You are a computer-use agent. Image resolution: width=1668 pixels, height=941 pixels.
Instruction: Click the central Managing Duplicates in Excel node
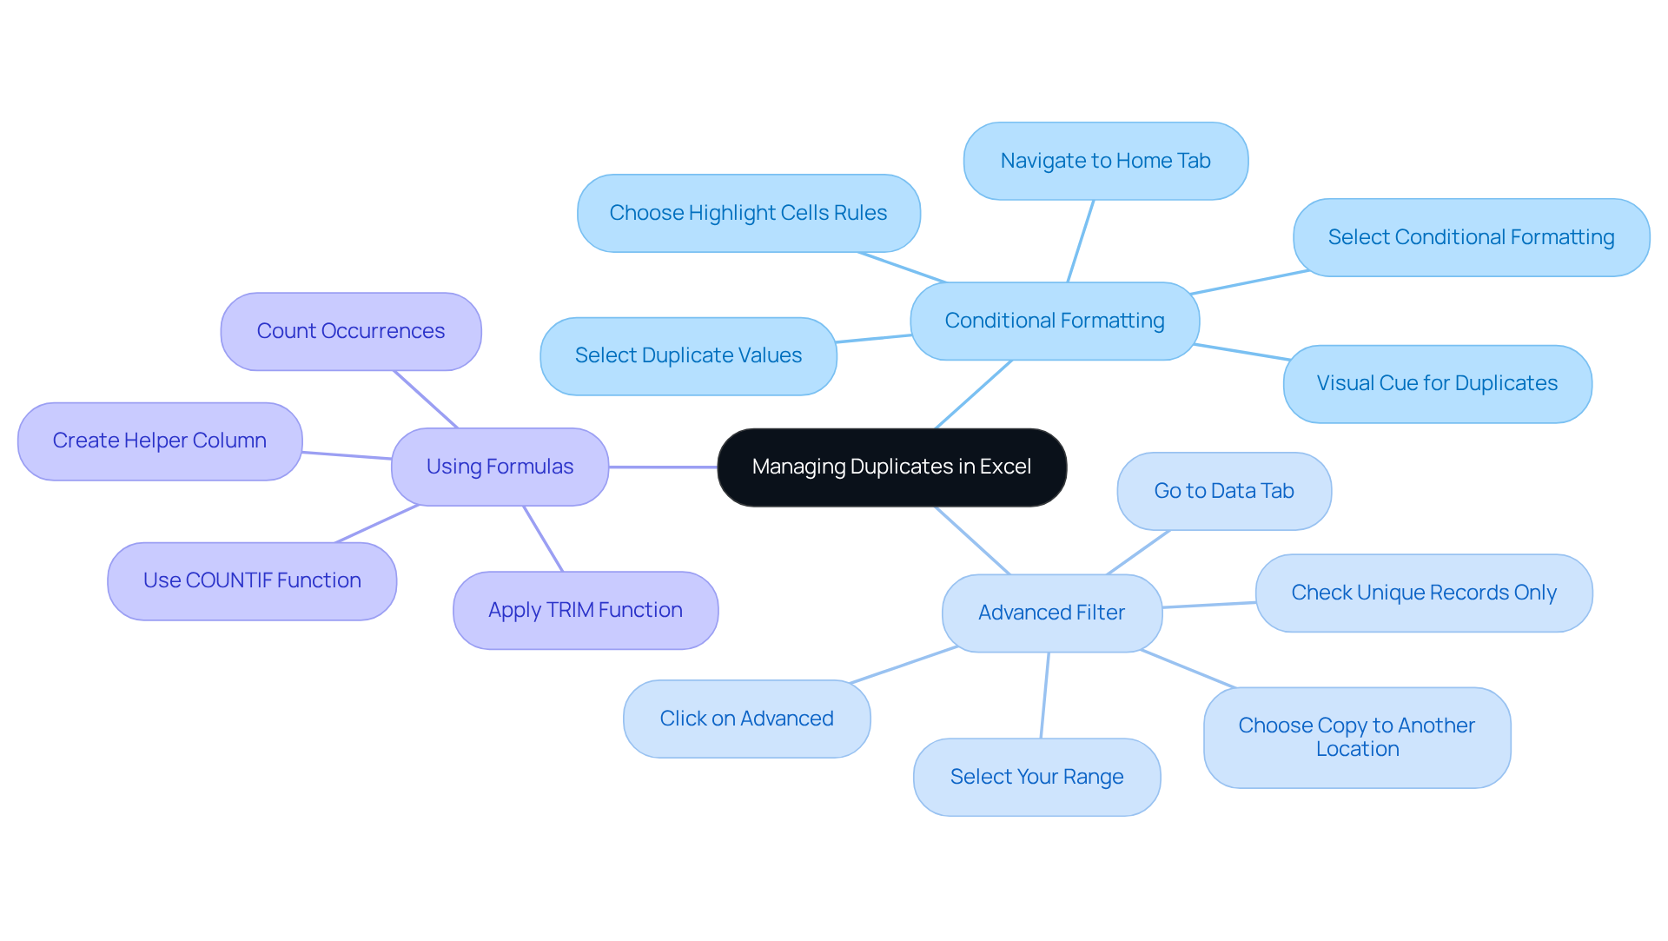[x=891, y=467]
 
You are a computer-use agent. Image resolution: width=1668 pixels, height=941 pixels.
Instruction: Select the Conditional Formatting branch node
[x=1054, y=321]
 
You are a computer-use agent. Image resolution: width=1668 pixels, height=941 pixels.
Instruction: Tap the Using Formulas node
[x=500, y=467]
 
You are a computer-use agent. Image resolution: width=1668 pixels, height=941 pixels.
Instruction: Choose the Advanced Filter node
[x=1051, y=613]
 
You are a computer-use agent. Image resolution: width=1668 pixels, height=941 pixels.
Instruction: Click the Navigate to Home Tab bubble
[x=1105, y=161]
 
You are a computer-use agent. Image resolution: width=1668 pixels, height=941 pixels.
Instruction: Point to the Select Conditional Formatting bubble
[x=1470, y=237]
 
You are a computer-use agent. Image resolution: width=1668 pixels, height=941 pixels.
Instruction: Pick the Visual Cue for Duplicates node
[x=1436, y=383]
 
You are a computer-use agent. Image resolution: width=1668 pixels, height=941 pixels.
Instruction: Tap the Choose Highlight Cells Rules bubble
[x=748, y=213]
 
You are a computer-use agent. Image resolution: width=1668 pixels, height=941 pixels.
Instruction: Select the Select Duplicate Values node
[x=688, y=355]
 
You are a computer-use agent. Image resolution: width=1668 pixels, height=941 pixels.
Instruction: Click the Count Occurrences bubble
[x=350, y=331]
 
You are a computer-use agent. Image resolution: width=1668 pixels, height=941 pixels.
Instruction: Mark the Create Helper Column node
[x=160, y=441]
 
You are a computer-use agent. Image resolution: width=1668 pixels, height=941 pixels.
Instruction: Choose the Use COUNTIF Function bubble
[x=252, y=580]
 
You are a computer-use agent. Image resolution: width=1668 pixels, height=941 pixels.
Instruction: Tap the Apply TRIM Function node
[x=585, y=610]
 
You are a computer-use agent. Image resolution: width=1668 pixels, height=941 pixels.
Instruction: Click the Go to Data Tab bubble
[x=1223, y=491]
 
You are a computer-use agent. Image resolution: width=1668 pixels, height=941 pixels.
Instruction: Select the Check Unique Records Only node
[x=1423, y=593]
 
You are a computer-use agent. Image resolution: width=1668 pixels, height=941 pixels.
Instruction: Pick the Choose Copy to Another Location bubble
[x=1356, y=737]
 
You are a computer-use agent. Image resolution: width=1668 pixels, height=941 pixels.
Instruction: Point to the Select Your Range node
[x=1036, y=777]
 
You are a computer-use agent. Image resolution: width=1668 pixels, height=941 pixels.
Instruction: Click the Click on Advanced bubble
[x=746, y=719]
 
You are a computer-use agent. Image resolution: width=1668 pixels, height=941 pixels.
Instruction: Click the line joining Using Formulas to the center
[x=663, y=467]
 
